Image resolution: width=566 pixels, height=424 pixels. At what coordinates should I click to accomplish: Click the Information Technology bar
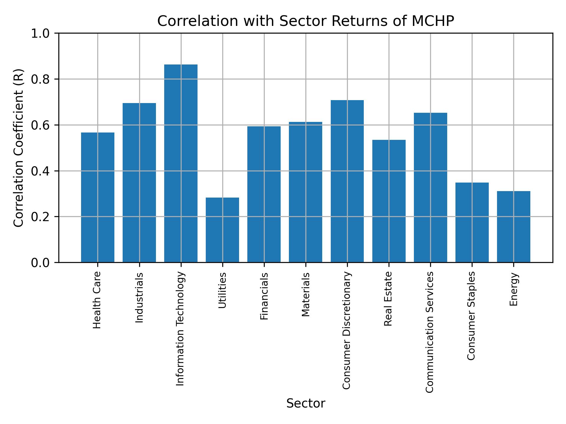point(181,163)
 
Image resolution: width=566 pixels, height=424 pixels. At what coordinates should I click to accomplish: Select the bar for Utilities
point(222,230)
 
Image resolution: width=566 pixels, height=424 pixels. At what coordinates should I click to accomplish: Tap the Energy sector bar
point(513,227)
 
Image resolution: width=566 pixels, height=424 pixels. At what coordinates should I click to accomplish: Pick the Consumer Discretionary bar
point(347,181)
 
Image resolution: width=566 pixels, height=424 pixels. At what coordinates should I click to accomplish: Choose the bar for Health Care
point(98,197)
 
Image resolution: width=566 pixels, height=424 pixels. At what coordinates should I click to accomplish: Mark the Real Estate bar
point(389,201)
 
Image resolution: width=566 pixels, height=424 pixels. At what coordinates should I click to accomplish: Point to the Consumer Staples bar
point(472,222)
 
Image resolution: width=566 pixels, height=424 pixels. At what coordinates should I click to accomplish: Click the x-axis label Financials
point(264,296)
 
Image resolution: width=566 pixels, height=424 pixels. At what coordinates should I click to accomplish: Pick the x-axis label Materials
point(306,294)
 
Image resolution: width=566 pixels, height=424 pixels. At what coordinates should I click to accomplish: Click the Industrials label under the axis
point(139,297)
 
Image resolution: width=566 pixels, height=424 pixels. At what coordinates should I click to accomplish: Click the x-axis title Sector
point(306,403)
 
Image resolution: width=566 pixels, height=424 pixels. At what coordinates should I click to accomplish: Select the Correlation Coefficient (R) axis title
point(19,148)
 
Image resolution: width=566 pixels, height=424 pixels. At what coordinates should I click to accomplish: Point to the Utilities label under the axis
point(222,290)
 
